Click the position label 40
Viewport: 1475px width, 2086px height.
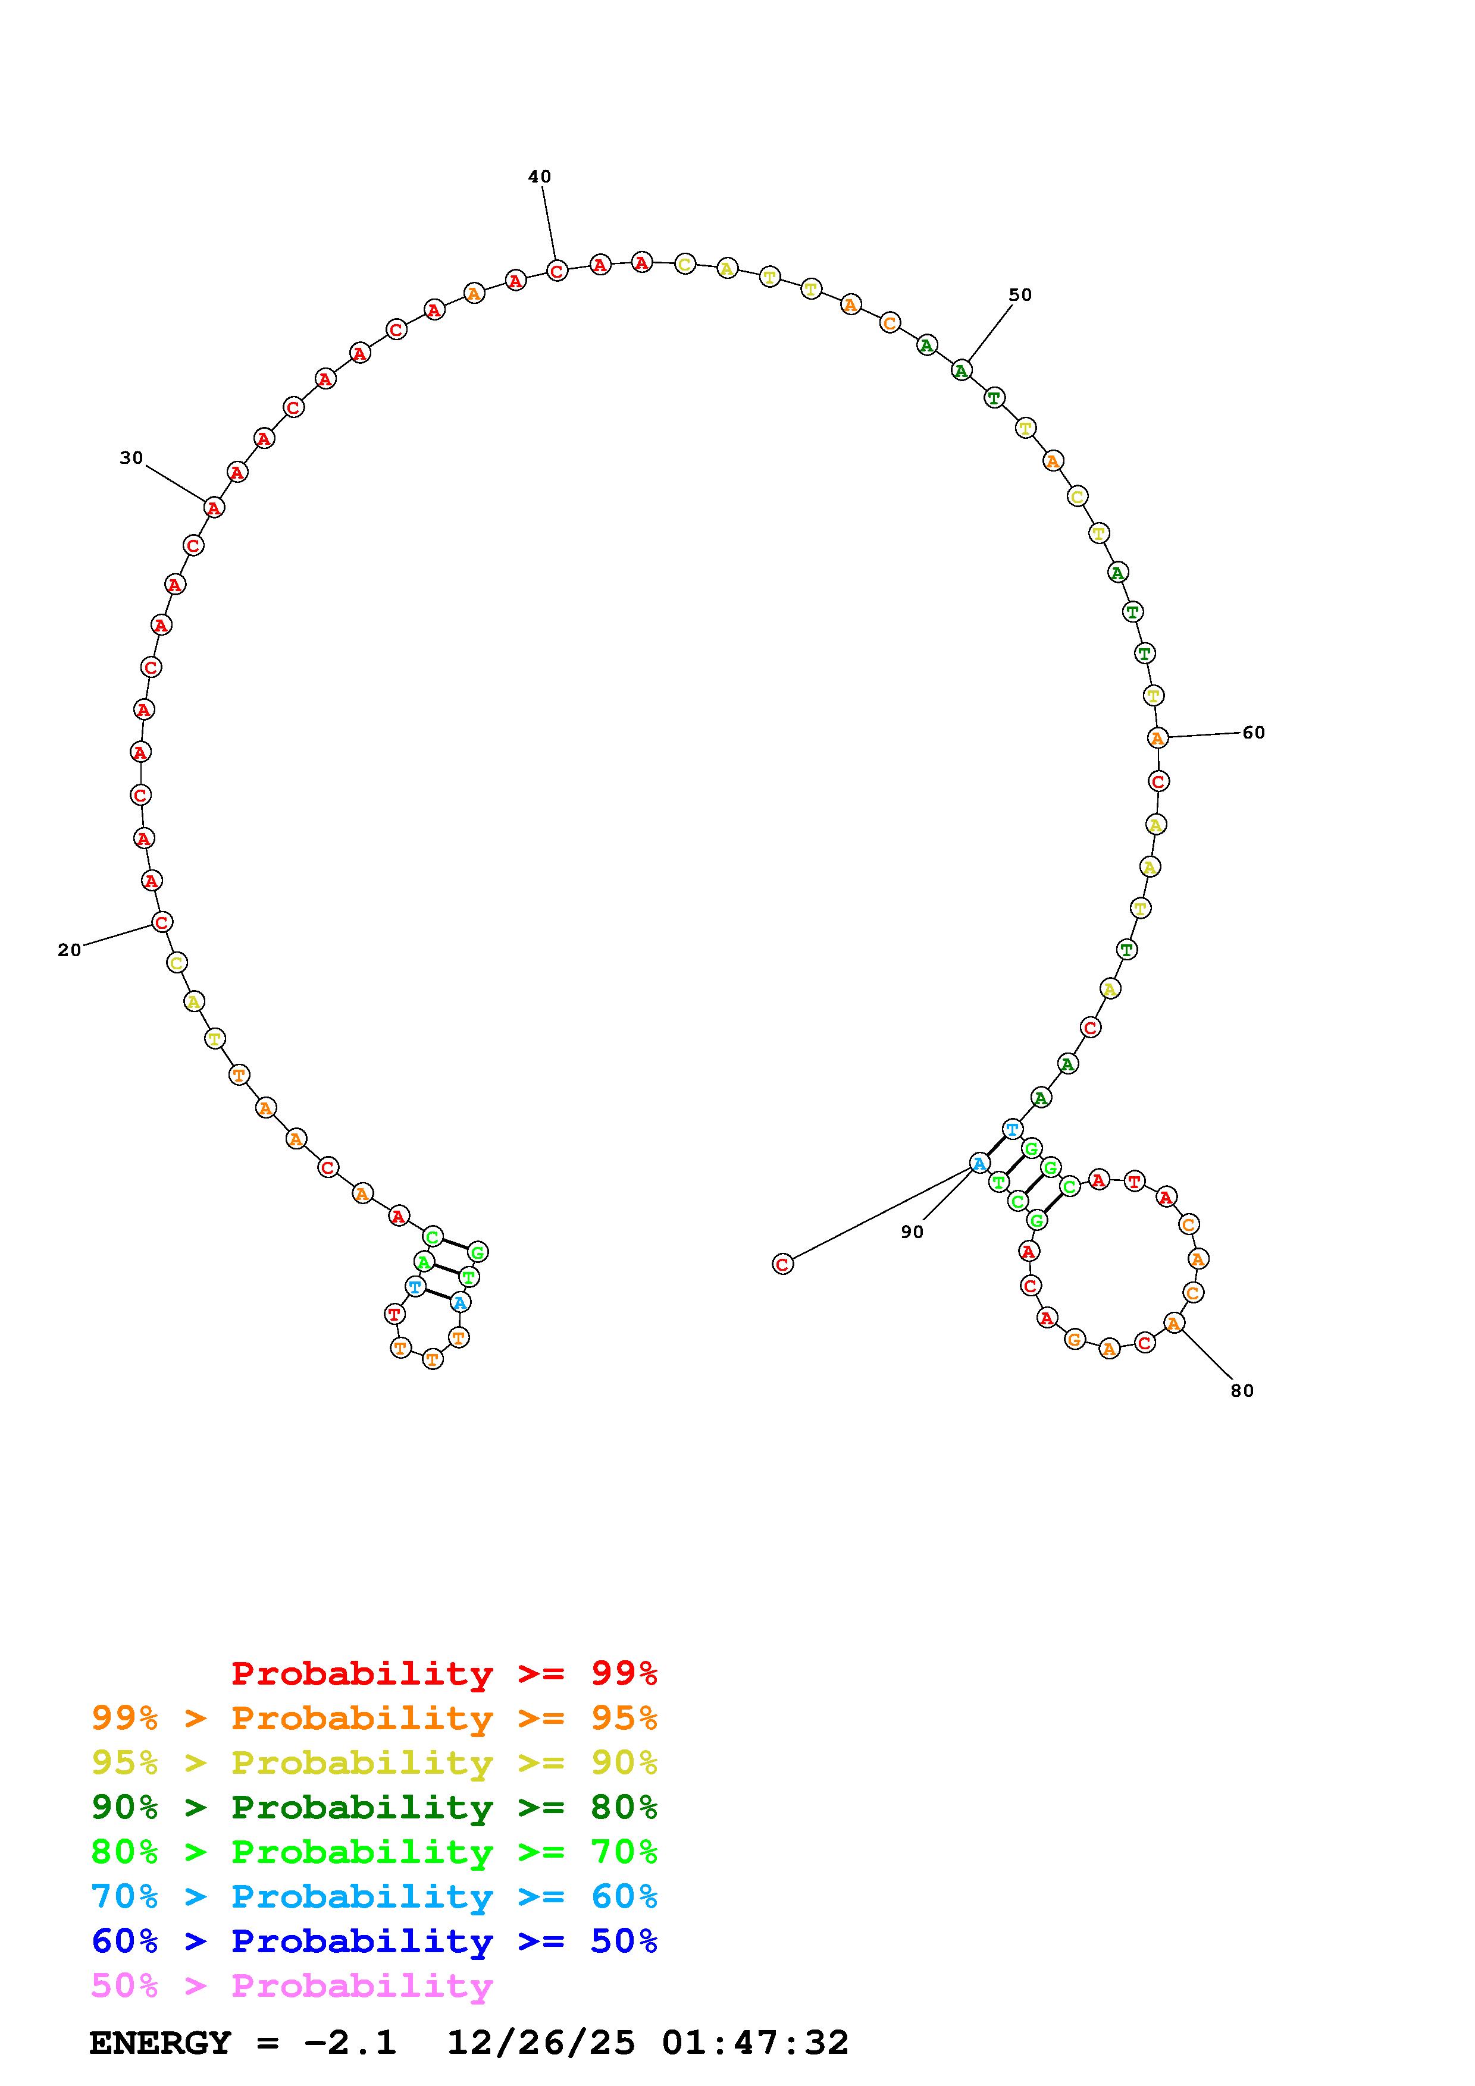[x=539, y=176]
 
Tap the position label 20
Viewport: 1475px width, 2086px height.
[x=69, y=950]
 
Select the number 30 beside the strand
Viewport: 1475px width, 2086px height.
[x=131, y=458]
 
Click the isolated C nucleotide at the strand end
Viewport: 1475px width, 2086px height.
[x=782, y=1264]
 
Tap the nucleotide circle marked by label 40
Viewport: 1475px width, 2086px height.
[x=557, y=271]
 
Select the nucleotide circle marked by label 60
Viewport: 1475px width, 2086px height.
[x=1157, y=738]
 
